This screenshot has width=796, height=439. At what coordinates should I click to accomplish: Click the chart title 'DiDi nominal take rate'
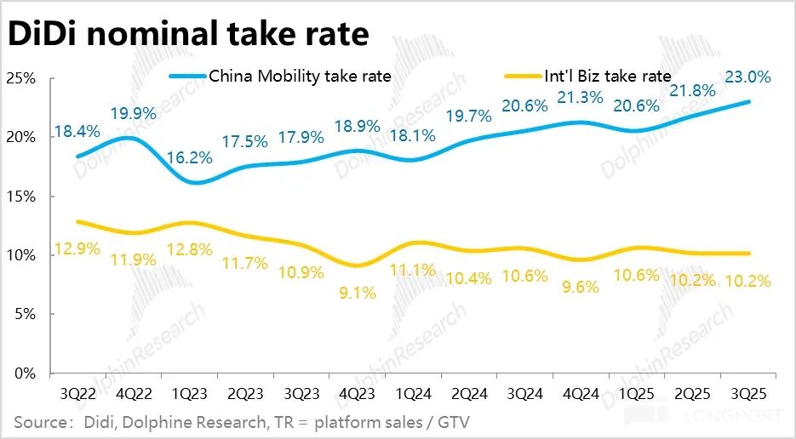(x=189, y=34)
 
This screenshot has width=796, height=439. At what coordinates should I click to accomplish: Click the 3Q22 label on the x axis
(x=77, y=395)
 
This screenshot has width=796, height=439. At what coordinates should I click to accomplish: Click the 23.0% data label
(x=747, y=77)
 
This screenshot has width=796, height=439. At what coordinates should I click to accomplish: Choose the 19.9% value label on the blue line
(x=133, y=113)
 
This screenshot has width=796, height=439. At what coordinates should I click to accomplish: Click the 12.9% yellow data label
(x=77, y=249)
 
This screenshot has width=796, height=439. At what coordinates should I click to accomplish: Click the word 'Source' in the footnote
(x=41, y=422)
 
